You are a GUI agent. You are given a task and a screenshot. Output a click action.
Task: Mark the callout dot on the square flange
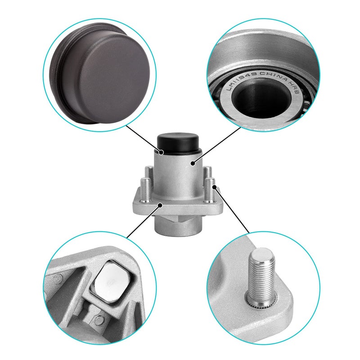pos(161,205)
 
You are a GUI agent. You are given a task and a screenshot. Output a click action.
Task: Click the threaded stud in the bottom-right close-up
pos(262,274)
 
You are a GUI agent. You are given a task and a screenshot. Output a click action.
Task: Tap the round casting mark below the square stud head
pos(97,320)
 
